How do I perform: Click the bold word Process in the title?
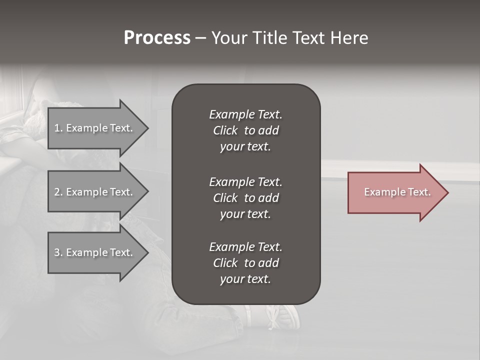coord(157,38)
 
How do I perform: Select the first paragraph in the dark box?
coord(245,130)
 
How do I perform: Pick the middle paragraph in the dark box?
coord(245,197)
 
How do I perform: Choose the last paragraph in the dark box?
coord(245,263)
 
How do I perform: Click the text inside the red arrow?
coord(397,192)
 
